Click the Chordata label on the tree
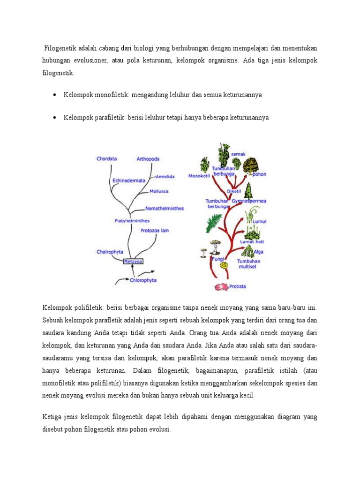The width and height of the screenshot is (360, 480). point(106,159)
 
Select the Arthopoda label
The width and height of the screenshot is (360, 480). point(148,159)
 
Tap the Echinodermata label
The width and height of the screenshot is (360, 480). point(128,180)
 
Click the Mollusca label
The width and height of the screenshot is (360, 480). point(159,191)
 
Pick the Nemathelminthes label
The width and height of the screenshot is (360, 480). point(165,208)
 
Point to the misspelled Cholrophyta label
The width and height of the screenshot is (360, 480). point(110,252)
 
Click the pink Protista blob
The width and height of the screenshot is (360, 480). point(220,286)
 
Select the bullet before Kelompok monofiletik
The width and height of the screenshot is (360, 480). point(55,95)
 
